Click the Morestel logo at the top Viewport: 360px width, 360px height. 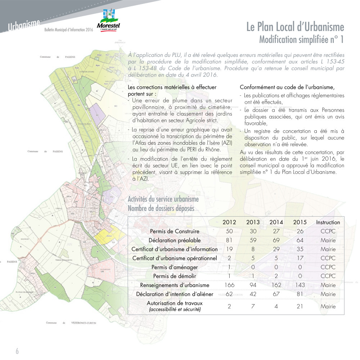point(108,20)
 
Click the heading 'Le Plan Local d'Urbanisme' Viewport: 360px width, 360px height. point(295,27)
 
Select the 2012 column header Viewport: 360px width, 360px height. point(229,222)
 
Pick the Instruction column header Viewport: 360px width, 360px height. point(328,222)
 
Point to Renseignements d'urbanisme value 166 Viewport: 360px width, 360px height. point(229,285)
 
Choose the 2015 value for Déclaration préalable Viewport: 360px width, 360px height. point(300,240)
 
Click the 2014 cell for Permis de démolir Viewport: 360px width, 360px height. point(276,276)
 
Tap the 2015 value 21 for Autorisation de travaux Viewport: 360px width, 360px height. point(300,306)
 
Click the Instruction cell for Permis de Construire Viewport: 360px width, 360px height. point(328,231)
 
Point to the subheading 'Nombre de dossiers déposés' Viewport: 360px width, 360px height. point(161,208)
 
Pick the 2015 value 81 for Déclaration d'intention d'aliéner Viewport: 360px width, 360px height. point(300,294)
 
